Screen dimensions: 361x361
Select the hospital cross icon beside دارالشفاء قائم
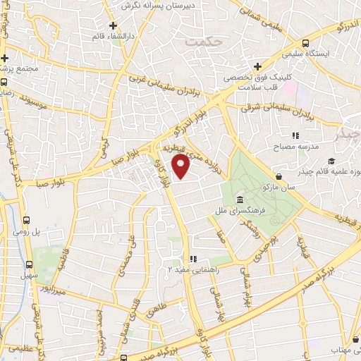click(x=113, y=25)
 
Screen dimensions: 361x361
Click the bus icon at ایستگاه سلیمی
click(x=305, y=42)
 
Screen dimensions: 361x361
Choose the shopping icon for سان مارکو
click(x=280, y=176)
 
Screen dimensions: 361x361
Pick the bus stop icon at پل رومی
click(x=27, y=219)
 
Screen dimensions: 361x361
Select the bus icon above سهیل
click(x=29, y=265)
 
